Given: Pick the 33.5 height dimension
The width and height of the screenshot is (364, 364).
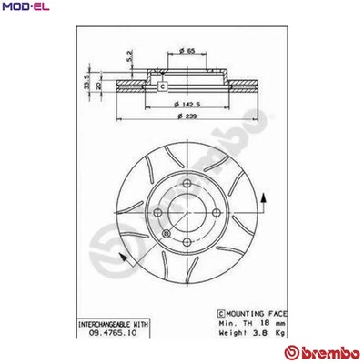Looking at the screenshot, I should coord(87,83).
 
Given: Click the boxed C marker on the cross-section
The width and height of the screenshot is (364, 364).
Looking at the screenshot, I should coord(162,86).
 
